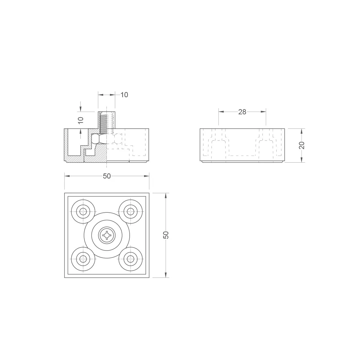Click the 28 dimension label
pyautogui.click(x=242, y=112)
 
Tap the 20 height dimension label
pyautogui.click(x=302, y=145)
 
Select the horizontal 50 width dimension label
pyautogui.click(x=107, y=176)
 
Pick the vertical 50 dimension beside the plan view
pyautogui.click(x=166, y=235)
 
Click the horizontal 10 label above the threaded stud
pyautogui.click(x=124, y=95)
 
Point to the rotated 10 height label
pyautogui.click(x=81, y=120)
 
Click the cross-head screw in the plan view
pyautogui.click(x=107, y=235)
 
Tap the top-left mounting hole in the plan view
pyautogui.click(x=83, y=212)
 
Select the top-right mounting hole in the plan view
pyautogui.click(x=130, y=212)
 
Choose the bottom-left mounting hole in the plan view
pyautogui.click(x=83, y=259)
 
